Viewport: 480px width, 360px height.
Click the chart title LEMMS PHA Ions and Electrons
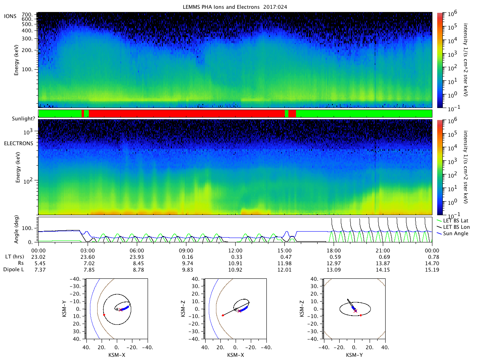[x=221, y=7]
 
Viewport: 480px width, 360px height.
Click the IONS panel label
[x=10, y=16]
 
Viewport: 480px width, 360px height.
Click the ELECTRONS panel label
[x=18, y=143]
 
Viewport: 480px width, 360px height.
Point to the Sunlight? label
[x=23, y=118]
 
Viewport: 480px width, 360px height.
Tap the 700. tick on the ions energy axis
[x=27, y=15]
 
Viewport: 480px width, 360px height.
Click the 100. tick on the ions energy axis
[x=27, y=70]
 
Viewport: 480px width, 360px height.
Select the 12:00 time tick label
[x=235, y=250]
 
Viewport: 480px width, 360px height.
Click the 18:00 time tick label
[x=334, y=250]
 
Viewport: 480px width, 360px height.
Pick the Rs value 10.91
[x=235, y=263]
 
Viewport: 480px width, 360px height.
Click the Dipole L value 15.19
[x=432, y=270]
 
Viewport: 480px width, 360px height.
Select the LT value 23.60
[x=88, y=257]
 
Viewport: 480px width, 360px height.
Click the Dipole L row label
[x=14, y=270]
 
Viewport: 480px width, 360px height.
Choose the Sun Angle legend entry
[x=453, y=234]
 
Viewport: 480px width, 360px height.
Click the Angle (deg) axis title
[x=16, y=229]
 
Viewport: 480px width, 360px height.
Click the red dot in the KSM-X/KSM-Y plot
[x=104, y=315]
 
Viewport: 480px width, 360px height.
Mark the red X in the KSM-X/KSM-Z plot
[x=240, y=311]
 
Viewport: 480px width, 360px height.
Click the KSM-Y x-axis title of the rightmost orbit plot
[x=354, y=355]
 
